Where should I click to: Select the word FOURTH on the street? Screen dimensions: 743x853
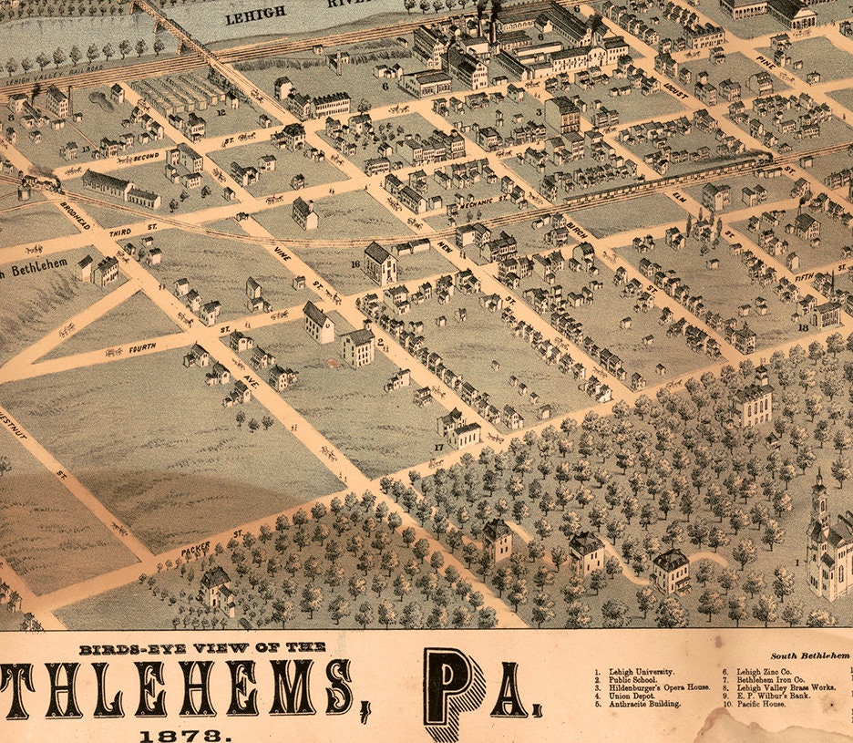click(142, 346)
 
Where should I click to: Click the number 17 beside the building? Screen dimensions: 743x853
click(438, 447)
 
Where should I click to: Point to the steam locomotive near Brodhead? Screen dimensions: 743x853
click(46, 182)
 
